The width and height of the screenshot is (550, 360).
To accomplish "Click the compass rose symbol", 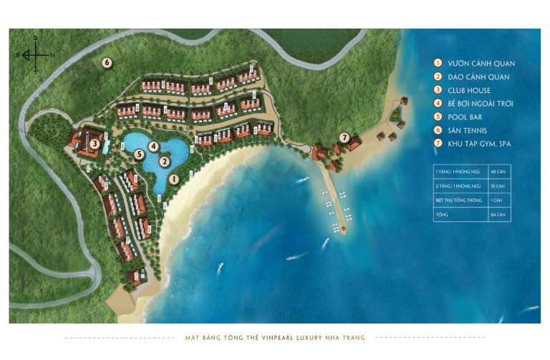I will [34, 53].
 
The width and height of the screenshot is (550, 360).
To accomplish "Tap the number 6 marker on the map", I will [107, 62].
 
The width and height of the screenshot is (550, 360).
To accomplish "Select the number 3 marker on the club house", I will [95, 143].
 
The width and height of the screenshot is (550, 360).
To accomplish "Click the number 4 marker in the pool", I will [153, 146].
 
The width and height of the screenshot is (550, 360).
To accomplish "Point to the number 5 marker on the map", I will [139, 154].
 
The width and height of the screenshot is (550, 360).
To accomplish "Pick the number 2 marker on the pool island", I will [165, 161].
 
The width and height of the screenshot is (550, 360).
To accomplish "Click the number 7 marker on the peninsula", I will [344, 137].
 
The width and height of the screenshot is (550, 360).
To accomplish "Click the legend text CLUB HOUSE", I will [469, 90].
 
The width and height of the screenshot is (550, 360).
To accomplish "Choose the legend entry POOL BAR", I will [465, 117].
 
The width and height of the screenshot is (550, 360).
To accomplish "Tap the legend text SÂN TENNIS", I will [467, 130].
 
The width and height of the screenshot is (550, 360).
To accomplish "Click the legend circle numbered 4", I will [438, 104].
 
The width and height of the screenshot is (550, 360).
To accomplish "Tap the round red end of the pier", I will [343, 228].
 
